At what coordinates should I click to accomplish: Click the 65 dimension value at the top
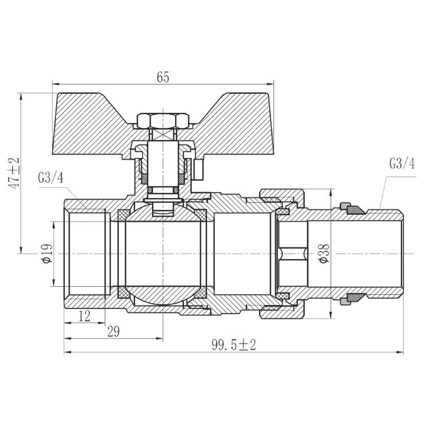click(162, 77)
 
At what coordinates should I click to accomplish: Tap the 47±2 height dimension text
click(14, 172)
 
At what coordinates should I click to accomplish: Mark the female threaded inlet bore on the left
click(85, 254)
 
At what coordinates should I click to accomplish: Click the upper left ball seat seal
click(123, 215)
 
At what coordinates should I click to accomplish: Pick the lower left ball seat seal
click(123, 293)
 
